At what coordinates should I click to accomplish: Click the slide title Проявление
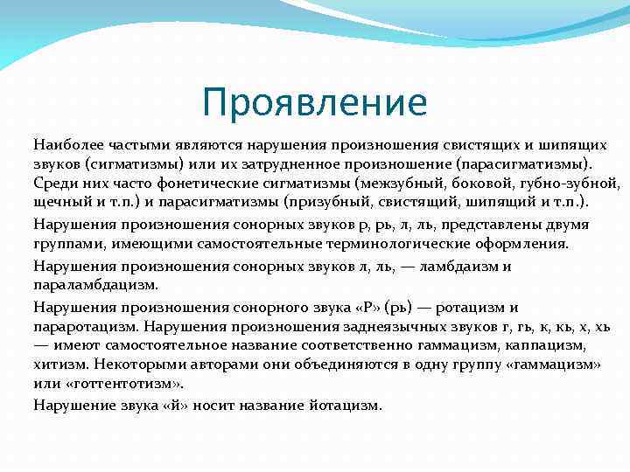(314, 102)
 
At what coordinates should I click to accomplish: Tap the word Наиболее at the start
(65, 143)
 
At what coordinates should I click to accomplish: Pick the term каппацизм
(535, 347)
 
